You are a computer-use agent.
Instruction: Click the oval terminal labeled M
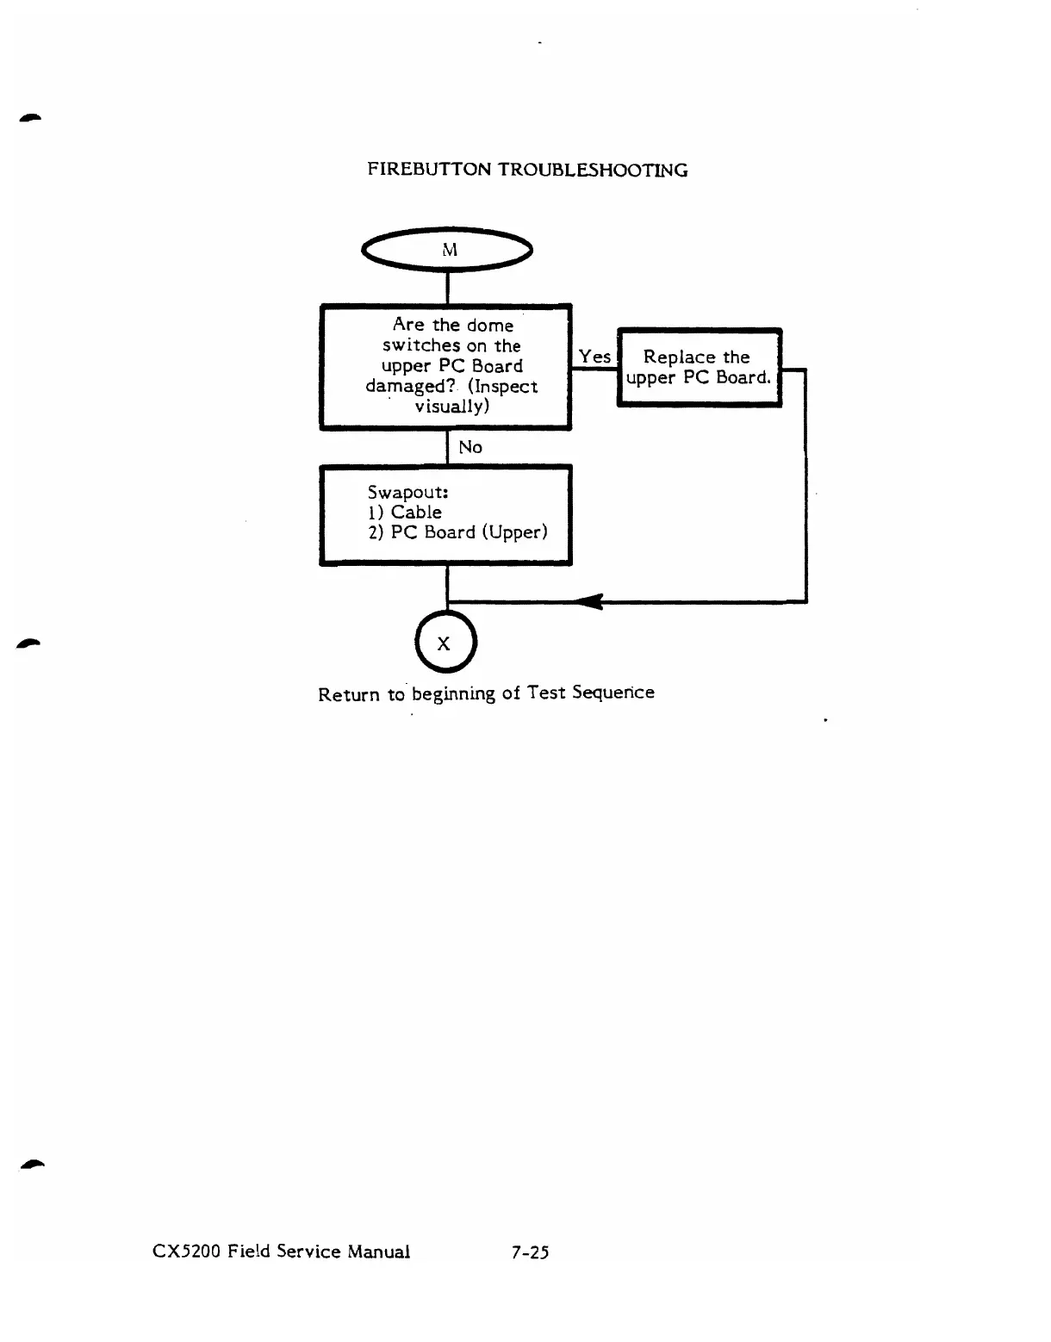pos(448,250)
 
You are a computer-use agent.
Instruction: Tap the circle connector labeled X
pos(445,643)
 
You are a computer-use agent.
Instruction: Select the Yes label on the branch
pos(594,357)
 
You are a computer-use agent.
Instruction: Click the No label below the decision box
pos(470,447)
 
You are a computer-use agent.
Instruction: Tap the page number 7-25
pos(530,1252)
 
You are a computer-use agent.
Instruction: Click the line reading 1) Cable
pos(405,513)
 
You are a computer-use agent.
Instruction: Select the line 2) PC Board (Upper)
pos(457,532)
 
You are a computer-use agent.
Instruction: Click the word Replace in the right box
pos(679,357)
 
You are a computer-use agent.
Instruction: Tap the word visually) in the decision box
pos(451,407)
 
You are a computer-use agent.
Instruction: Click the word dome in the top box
pos(489,326)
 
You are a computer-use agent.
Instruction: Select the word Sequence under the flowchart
pos(613,693)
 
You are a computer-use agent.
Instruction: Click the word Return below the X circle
pos(349,694)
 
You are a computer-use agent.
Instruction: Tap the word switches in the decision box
pos(421,346)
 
